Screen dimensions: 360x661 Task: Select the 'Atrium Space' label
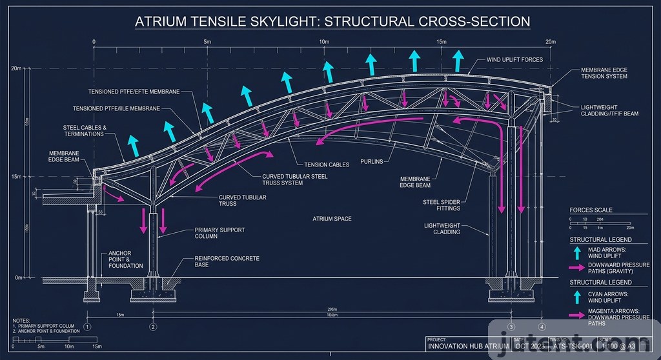tap(332, 219)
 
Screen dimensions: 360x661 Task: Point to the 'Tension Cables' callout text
tap(327, 165)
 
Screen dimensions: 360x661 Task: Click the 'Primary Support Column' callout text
tap(219, 234)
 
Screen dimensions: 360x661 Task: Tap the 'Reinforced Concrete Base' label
tap(227, 261)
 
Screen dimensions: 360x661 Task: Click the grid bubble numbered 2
tap(153, 326)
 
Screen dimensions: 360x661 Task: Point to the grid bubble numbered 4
tap(542, 326)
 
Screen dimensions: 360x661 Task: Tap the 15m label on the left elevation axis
tap(17, 176)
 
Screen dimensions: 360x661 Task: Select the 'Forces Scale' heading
tap(591, 210)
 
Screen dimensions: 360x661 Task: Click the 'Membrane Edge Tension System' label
tap(604, 73)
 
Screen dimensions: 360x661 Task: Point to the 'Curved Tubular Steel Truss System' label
tap(294, 179)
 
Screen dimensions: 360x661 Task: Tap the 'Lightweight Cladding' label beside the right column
tap(442, 228)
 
